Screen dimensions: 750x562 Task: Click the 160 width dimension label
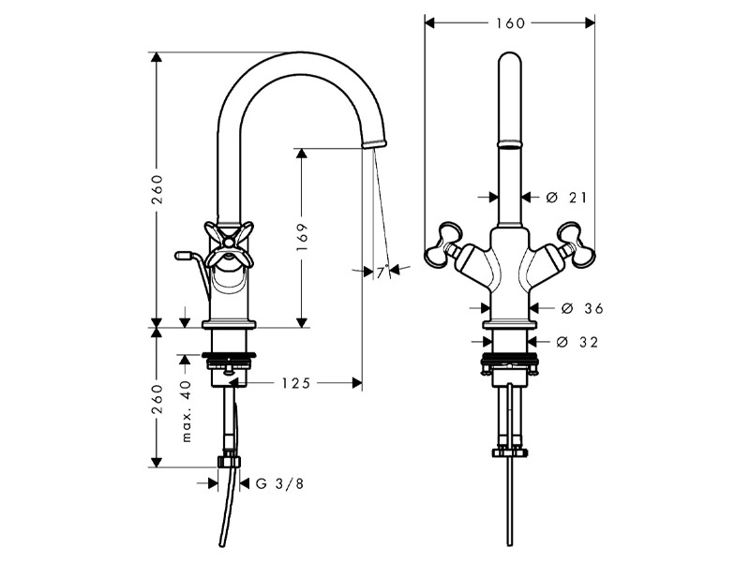pos(510,22)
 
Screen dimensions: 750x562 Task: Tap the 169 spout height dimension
pos(302,239)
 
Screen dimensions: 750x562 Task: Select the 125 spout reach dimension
pos(295,383)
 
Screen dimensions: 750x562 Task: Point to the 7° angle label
pos(381,273)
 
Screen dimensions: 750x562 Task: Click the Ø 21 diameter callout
pos(566,197)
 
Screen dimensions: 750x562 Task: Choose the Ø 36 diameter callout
pos(582,309)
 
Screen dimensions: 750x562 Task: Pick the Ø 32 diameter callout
pos(577,342)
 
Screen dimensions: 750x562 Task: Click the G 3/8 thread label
pos(280,483)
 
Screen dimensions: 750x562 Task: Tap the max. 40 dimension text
pos(187,410)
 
